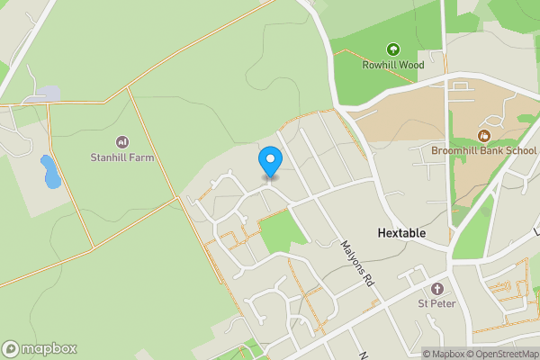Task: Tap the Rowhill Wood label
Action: [x=392, y=65]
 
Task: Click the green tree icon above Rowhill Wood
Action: [x=392, y=49]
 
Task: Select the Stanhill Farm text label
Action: [x=122, y=157]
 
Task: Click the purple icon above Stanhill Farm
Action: [x=122, y=142]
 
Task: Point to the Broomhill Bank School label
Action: [x=483, y=151]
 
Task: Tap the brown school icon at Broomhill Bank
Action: [x=483, y=136]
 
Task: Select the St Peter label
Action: [x=437, y=303]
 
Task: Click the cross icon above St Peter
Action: [x=437, y=288]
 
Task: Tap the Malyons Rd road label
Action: [x=356, y=263]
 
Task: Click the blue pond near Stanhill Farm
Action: [x=50, y=171]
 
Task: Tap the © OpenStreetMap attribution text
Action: [x=502, y=354]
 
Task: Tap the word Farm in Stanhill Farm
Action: [x=141, y=157]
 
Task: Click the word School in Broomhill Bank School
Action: [x=521, y=151]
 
